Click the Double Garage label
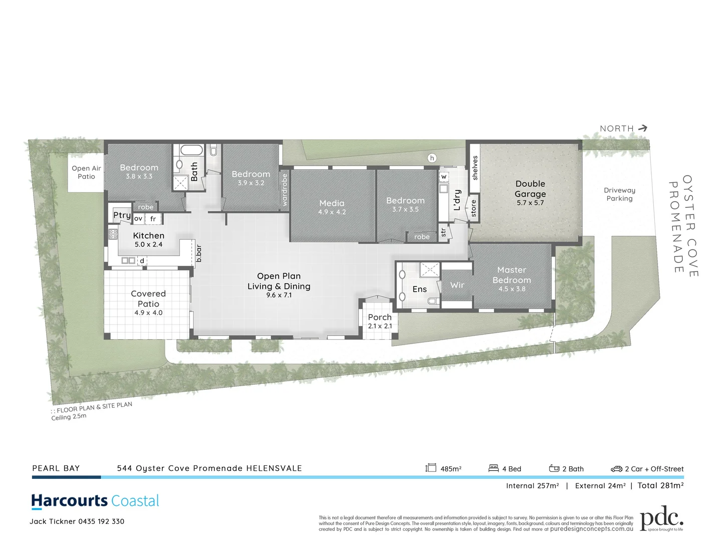click(x=530, y=189)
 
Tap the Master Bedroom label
click(x=512, y=275)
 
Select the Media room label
click(x=332, y=203)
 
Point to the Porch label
click(x=380, y=317)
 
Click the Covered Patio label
click(x=148, y=299)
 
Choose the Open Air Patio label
click(x=86, y=172)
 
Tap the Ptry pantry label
click(x=122, y=215)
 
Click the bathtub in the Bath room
click(x=191, y=150)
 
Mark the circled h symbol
click(x=432, y=158)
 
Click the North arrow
click(x=642, y=128)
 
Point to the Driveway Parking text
click(x=619, y=194)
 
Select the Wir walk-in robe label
click(x=457, y=285)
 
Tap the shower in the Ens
click(x=429, y=269)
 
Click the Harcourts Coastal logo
click(x=95, y=501)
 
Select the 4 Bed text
click(x=511, y=469)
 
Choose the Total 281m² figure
click(x=660, y=485)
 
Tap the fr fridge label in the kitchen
click(x=153, y=219)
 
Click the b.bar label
click(x=199, y=253)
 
